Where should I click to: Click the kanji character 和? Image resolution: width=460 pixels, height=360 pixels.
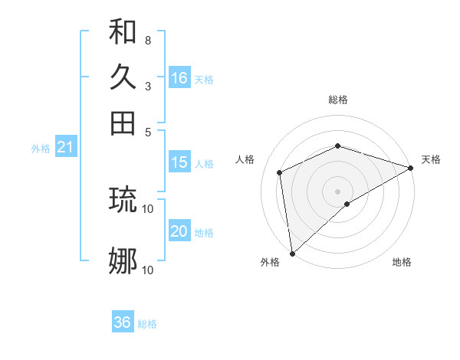(123, 32)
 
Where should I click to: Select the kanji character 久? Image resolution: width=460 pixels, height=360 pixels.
(123, 77)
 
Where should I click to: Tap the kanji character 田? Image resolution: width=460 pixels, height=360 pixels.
(123, 123)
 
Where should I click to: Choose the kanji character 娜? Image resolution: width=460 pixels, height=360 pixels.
(123, 261)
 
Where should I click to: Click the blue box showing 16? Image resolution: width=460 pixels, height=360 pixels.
(179, 78)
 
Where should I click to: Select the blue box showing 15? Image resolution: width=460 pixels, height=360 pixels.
(179, 162)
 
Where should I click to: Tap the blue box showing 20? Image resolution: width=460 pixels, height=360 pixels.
(179, 231)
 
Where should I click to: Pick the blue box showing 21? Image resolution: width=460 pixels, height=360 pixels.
(64, 148)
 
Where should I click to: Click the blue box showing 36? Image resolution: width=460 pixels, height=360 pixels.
(123, 322)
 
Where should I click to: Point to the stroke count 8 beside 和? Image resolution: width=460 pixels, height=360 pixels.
(147, 40)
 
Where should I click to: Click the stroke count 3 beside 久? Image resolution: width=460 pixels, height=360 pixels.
(147, 86)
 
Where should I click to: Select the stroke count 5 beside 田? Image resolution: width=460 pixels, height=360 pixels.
(147, 131)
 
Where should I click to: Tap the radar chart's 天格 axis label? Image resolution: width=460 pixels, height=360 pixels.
(431, 159)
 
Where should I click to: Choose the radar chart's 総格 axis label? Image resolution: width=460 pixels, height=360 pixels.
(337, 100)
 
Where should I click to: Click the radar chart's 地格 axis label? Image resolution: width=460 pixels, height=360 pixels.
(402, 263)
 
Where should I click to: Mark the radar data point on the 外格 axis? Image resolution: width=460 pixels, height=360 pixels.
(292, 254)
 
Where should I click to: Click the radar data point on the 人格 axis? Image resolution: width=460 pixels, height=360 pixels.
(280, 172)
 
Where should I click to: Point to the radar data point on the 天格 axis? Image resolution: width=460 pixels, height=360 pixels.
(411, 167)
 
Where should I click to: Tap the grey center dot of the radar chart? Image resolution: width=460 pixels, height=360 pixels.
(337, 191)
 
